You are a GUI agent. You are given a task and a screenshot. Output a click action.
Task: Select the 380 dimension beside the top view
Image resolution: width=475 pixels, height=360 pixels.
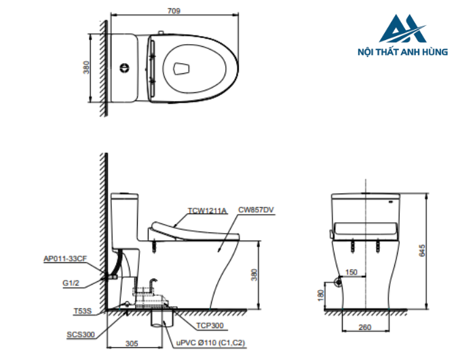87,68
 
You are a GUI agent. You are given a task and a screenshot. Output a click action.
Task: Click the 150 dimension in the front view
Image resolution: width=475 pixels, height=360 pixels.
351,272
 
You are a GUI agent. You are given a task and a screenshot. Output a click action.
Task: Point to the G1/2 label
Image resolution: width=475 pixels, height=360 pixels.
71,283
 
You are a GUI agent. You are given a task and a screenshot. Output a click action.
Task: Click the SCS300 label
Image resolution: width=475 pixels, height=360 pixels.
81,335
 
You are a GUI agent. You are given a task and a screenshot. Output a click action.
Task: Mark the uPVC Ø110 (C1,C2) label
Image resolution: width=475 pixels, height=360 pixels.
210,343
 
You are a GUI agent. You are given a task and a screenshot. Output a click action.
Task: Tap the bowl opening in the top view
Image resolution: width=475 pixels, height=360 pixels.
182,68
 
